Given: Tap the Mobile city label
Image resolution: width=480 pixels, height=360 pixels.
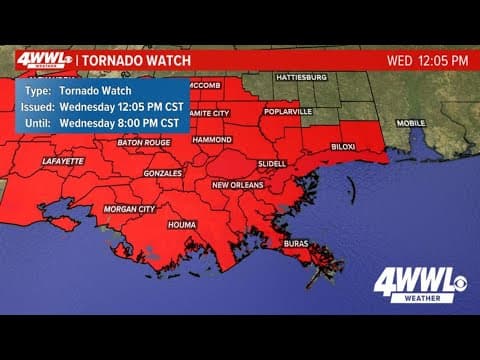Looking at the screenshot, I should click(410, 123).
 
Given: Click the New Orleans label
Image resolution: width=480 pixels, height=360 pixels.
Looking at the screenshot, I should click(238, 185).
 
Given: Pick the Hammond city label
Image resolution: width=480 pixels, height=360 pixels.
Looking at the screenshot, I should click(211, 139).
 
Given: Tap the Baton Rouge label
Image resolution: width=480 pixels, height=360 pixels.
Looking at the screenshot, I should click(139, 143).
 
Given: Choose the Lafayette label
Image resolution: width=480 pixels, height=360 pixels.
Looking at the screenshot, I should click(64, 160).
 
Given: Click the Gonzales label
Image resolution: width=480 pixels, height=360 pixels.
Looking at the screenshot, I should click(162, 172).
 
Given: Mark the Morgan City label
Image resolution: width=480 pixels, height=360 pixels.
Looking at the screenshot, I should click(130, 209).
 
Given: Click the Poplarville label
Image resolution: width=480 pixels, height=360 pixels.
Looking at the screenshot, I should click(289, 113).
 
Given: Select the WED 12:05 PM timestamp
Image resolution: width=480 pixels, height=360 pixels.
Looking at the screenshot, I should click(427, 60).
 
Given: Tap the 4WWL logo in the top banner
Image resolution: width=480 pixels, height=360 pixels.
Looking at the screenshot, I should click(42, 59).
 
